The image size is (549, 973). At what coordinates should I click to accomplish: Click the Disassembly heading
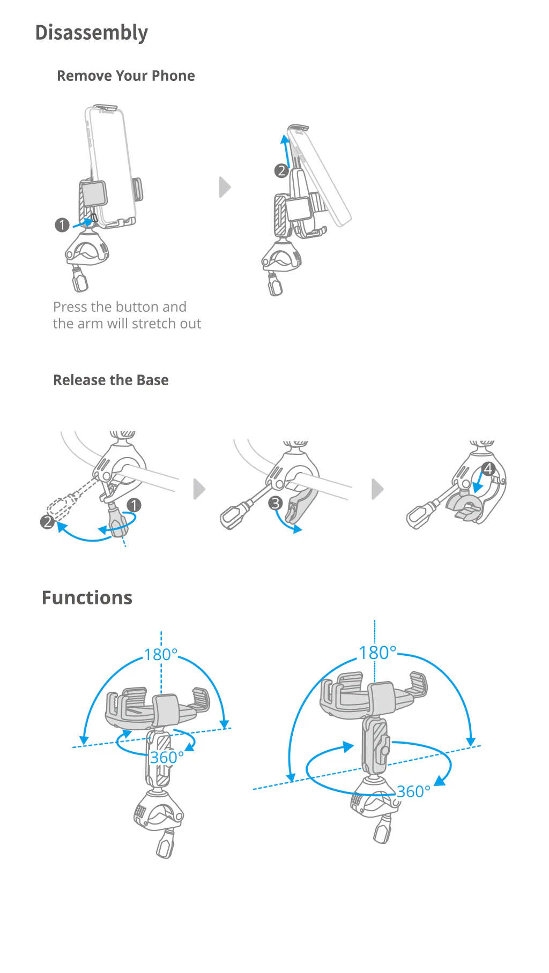pyautogui.click(x=91, y=33)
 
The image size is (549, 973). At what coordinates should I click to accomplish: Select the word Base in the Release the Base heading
pyautogui.click(x=152, y=380)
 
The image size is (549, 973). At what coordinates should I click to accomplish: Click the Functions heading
pyautogui.click(x=87, y=597)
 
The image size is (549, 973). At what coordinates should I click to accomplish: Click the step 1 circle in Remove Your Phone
pyautogui.click(x=62, y=225)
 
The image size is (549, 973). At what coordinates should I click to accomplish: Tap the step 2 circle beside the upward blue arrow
pyautogui.click(x=281, y=171)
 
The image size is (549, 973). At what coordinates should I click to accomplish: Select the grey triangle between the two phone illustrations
pyautogui.click(x=225, y=187)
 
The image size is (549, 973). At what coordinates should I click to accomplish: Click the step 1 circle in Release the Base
pyautogui.click(x=133, y=505)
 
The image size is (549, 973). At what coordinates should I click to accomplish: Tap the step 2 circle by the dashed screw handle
pyautogui.click(x=48, y=521)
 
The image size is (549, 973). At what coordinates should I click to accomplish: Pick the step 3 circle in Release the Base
pyautogui.click(x=275, y=503)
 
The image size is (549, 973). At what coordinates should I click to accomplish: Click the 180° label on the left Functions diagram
pyautogui.click(x=161, y=655)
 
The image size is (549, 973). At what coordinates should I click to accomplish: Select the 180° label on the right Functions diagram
pyautogui.click(x=377, y=653)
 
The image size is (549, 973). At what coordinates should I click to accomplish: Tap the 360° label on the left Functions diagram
pyautogui.click(x=167, y=758)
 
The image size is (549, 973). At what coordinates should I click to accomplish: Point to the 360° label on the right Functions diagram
pyautogui.click(x=413, y=791)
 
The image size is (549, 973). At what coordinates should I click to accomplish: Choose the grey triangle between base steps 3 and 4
pyautogui.click(x=377, y=489)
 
